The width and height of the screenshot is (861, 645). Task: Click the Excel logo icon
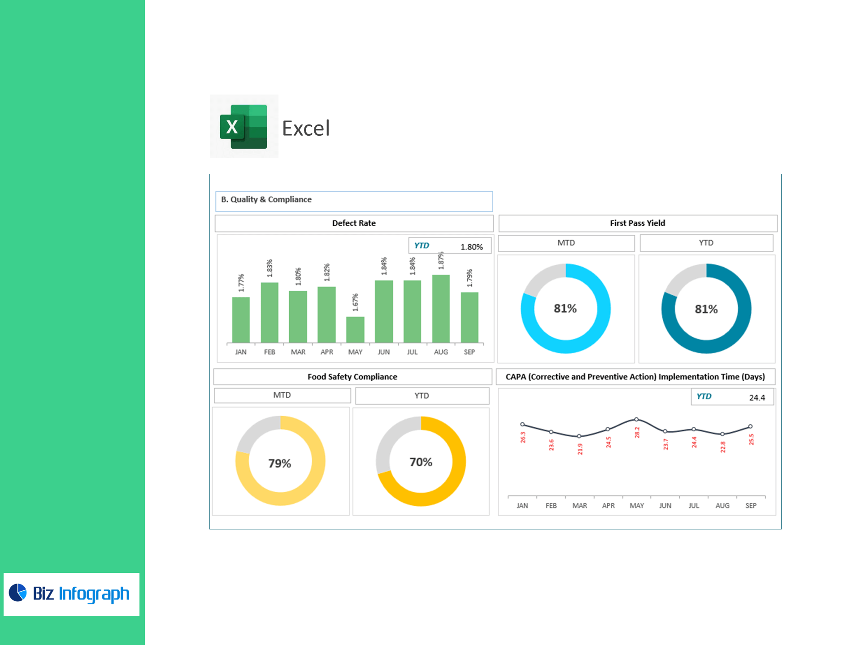tap(244, 126)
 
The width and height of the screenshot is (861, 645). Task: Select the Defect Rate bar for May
tap(355, 330)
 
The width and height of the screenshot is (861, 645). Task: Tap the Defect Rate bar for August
tap(441, 309)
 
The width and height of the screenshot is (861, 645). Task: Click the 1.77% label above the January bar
tap(241, 283)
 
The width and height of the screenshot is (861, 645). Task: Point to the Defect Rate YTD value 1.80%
tap(471, 247)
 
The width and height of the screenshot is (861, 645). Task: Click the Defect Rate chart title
tap(354, 223)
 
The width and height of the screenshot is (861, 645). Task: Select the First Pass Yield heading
tap(637, 223)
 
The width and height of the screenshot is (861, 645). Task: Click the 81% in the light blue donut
tap(565, 309)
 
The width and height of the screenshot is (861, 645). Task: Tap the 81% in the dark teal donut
tap(706, 309)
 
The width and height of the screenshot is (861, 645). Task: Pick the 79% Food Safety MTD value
tap(280, 463)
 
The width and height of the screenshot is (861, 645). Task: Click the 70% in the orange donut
tap(421, 462)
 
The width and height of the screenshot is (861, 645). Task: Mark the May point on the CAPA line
tap(636, 419)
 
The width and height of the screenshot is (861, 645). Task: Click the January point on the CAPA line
tap(522, 424)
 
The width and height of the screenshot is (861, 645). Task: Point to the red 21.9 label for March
tap(580, 449)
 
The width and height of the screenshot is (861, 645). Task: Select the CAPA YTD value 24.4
tap(757, 398)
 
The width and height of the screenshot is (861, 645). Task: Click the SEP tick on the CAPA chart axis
tap(751, 506)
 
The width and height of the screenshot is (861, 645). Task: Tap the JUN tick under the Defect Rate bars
tap(383, 352)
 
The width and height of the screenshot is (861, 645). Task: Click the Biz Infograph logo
tap(71, 594)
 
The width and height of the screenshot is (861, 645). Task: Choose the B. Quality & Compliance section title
tap(266, 199)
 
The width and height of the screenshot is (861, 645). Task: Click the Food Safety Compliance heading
tap(352, 377)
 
